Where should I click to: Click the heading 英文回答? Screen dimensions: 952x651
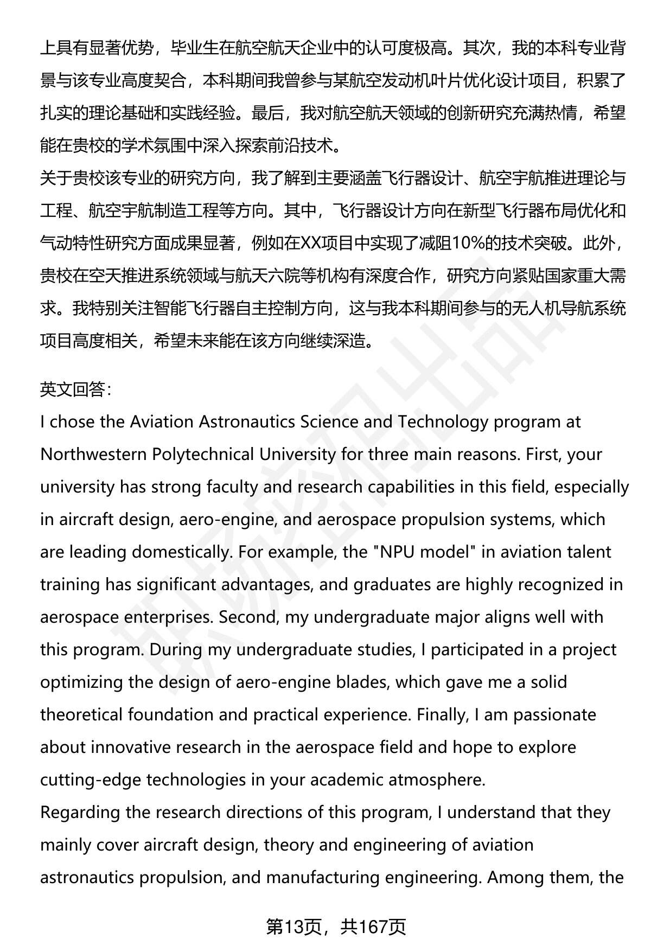[x=76, y=389]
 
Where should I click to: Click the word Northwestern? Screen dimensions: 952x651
[x=92, y=454]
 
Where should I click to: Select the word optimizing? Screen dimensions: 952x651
[x=82, y=682]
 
